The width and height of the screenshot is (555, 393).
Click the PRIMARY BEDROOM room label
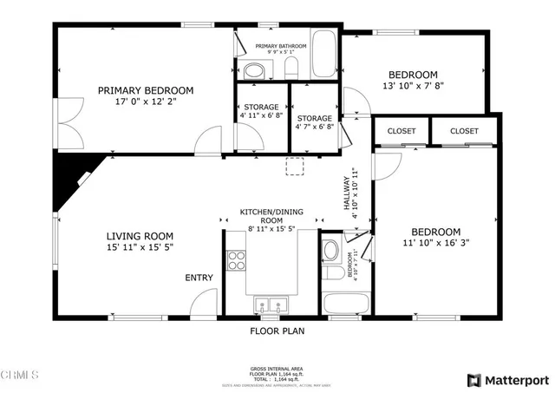click(x=145, y=90)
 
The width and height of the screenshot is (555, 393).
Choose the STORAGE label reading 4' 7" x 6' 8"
click(x=315, y=123)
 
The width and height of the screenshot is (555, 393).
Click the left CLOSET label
click(x=402, y=131)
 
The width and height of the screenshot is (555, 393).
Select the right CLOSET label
click(x=465, y=131)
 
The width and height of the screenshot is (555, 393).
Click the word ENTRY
click(x=199, y=278)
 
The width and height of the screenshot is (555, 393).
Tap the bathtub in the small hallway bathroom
click(x=345, y=305)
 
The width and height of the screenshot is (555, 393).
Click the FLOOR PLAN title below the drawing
click(x=277, y=331)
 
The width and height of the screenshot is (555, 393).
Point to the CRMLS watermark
click(x=20, y=376)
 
